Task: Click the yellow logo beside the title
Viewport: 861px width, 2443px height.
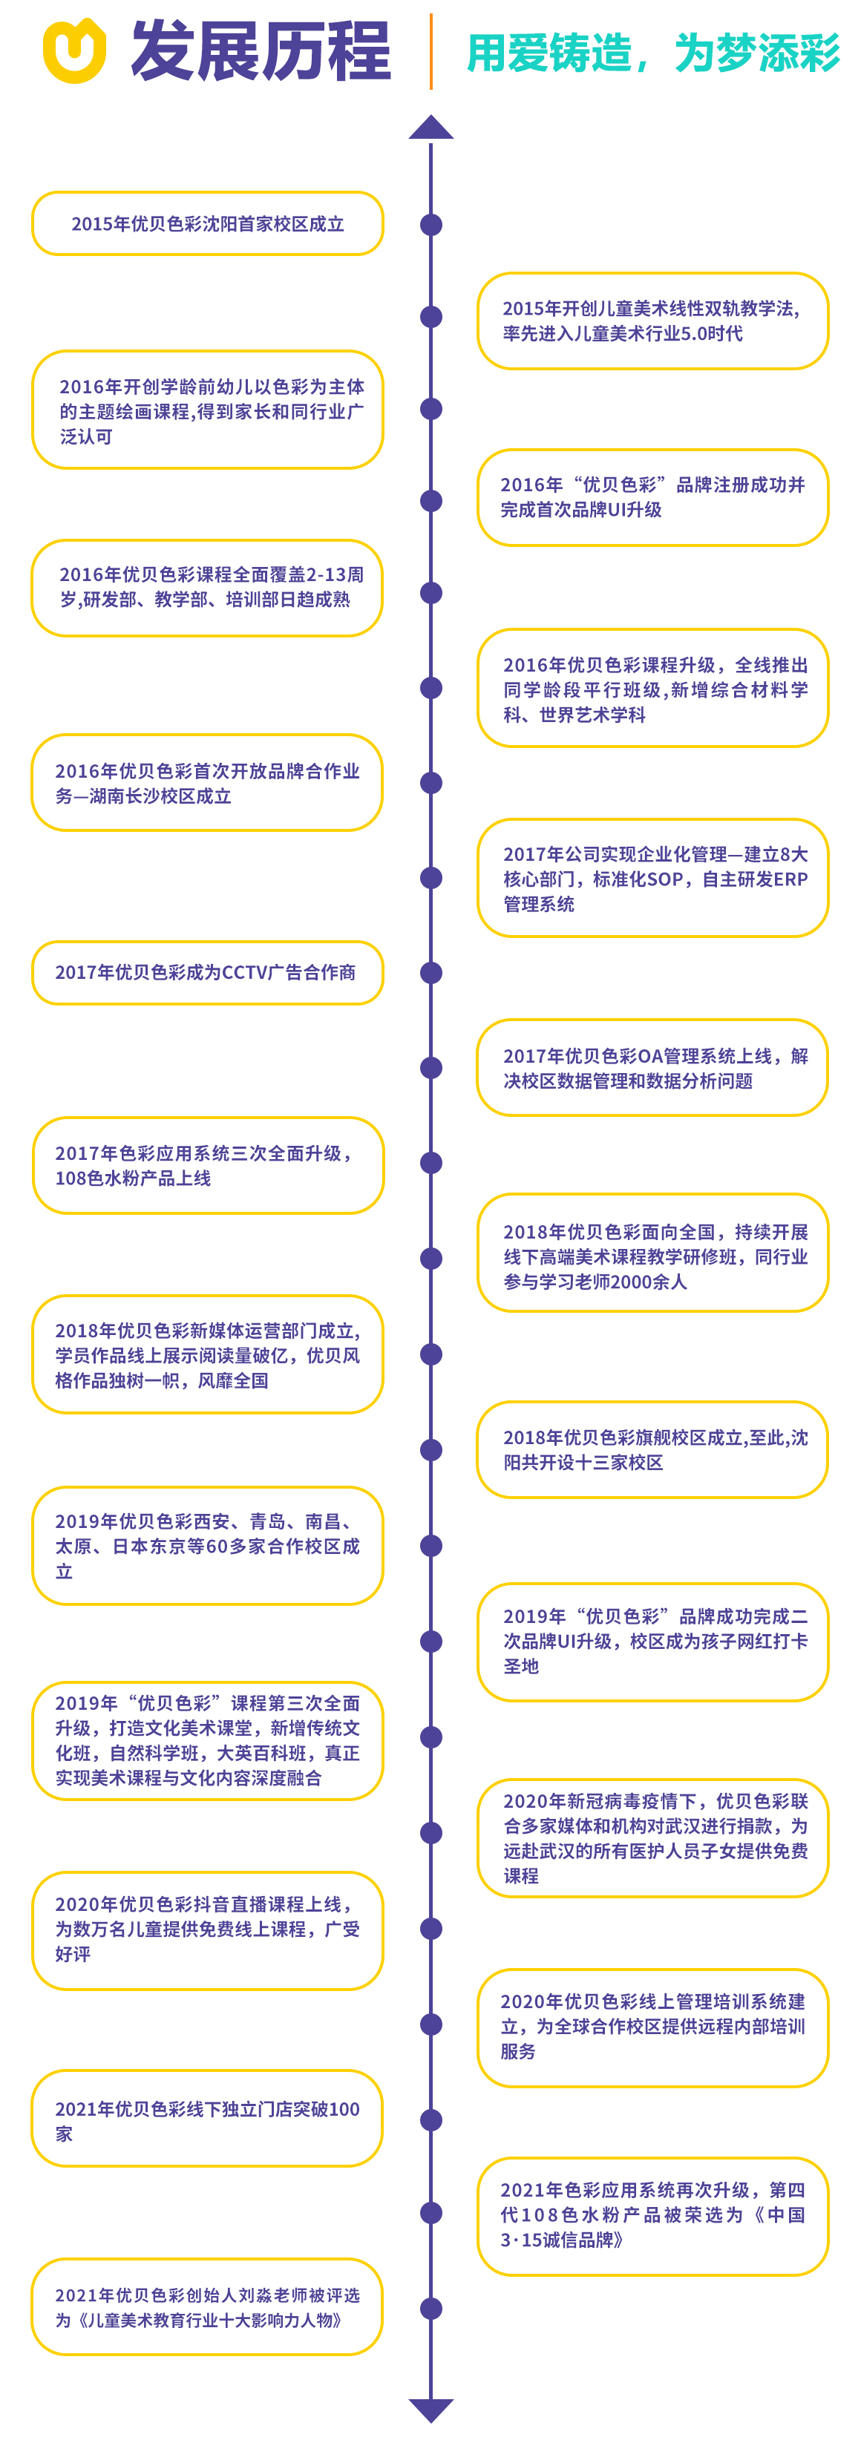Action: (x=74, y=51)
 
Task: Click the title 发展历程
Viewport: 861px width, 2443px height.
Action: (x=261, y=51)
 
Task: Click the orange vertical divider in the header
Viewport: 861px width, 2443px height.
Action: (x=431, y=51)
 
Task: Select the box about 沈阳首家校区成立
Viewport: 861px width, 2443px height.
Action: (x=208, y=224)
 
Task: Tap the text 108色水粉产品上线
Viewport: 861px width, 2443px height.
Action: (x=133, y=1178)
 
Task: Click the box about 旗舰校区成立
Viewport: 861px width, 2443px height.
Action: (x=652, y=1450)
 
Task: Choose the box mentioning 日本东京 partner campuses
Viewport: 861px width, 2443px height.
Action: (x=208, y=1546)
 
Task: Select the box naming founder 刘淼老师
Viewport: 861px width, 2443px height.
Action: (x=207, y=2307)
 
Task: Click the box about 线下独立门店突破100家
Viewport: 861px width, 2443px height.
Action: (x=207, y=2119)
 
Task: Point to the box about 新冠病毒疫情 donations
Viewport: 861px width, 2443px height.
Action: (x=652, y=1838)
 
